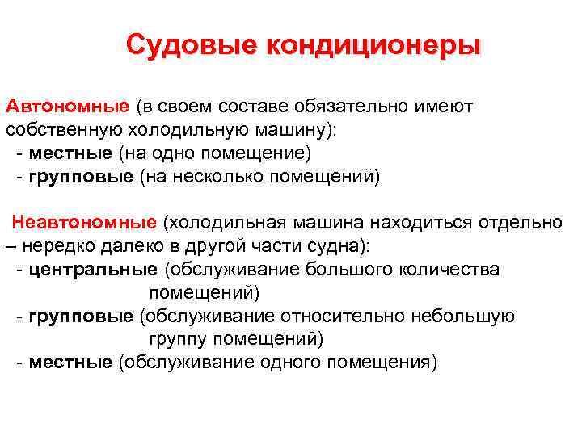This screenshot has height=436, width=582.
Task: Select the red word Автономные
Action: (67, 107)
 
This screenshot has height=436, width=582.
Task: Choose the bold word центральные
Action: (93, 269)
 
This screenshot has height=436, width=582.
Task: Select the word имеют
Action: (449, 107)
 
